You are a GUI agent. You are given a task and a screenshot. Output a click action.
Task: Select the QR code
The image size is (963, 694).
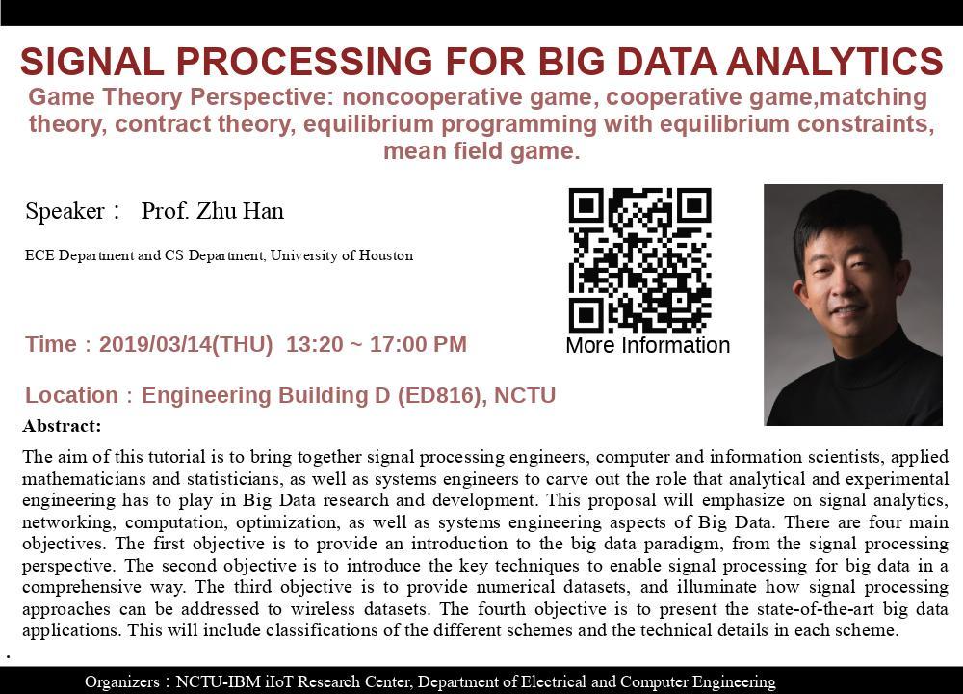pos(640,260)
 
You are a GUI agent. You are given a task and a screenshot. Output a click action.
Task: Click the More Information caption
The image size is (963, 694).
pos(648,345)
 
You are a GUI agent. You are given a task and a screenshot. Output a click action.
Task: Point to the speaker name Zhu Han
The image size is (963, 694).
pos(240,211)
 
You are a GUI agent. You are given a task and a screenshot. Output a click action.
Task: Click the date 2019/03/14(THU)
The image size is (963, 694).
pos(186,344)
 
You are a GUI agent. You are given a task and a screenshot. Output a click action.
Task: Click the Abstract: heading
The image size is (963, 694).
pos(62,426)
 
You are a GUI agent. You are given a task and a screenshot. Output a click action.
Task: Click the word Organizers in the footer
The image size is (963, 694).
pos(121,681)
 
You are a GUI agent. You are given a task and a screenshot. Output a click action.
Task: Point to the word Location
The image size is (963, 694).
pos(71,395)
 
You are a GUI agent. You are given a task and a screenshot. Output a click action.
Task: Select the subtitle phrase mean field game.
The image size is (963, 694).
pos(481,150)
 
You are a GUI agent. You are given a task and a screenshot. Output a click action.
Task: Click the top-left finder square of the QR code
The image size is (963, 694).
pos(586,206)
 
